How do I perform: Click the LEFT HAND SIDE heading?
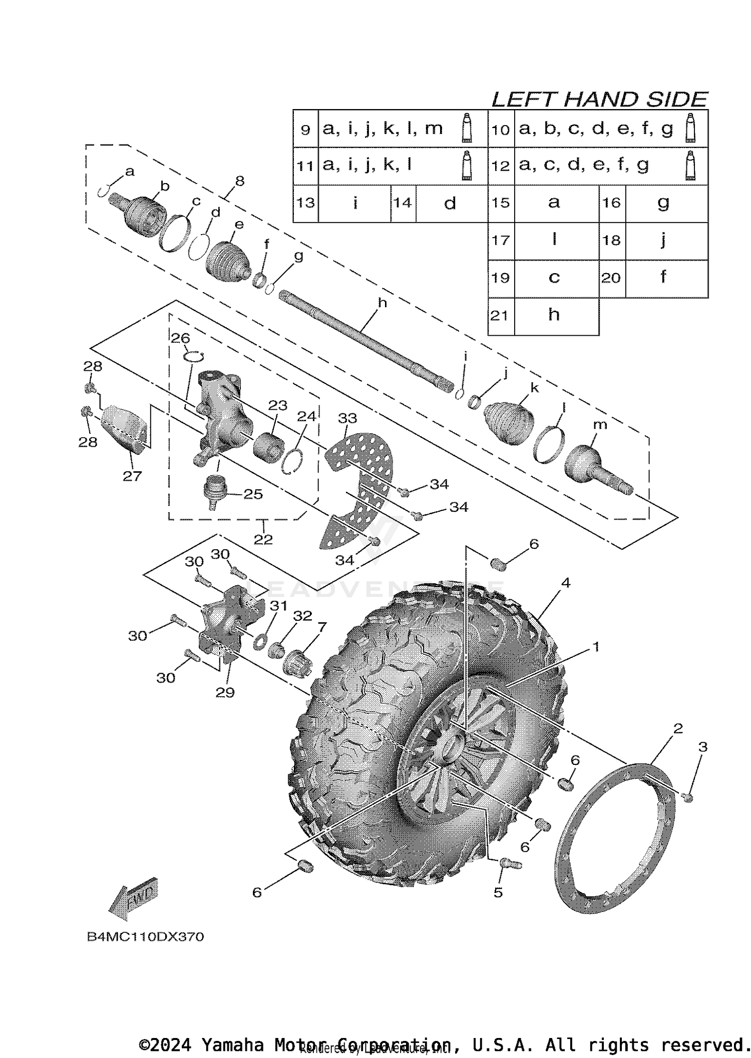[599, 100]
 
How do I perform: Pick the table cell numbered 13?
[305, 203]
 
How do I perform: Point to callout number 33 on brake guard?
[347, 418]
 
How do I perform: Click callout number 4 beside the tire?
[566, 583]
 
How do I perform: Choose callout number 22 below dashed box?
[263, 539]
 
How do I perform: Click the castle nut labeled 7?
[298, 663]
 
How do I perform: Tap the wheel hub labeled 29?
[228, 625]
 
